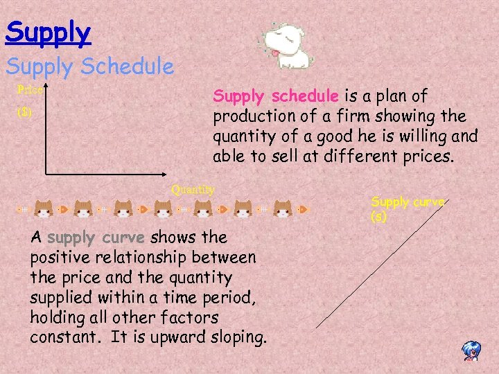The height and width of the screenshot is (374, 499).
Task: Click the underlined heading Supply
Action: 48,32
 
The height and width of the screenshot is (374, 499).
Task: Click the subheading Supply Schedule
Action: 90,66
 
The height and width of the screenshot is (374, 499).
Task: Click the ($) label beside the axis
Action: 25,112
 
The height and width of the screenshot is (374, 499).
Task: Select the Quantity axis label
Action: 193,189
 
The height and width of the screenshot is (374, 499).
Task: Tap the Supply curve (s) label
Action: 408,209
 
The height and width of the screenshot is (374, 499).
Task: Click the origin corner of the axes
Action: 46,173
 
